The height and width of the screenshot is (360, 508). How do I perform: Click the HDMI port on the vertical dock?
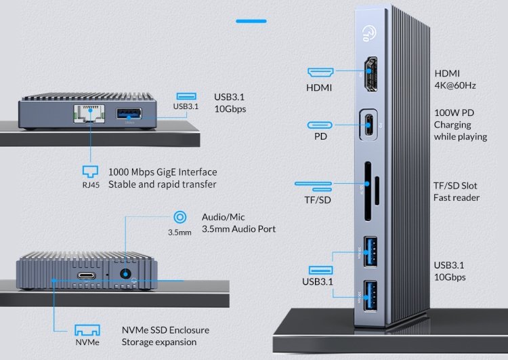[x=371, y=74]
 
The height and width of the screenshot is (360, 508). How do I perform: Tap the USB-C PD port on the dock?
[x=368, y=125]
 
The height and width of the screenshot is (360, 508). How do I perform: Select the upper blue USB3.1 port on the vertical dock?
[x=371, y=252]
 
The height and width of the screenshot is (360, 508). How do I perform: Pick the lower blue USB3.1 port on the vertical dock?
[x=371, y=296]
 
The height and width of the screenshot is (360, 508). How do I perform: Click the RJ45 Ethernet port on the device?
[x=89, y=113]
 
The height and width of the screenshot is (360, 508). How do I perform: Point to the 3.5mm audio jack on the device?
[x=125, y=274]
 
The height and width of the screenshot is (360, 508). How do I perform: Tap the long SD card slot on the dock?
[x=368, y=191]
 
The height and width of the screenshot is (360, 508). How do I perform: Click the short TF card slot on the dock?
[x=377, y=191]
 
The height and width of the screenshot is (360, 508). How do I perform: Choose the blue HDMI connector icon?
[x=320, y=73]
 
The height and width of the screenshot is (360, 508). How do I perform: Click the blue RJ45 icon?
[x=90, y=172]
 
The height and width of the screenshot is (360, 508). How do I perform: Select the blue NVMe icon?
[x=87, y=330]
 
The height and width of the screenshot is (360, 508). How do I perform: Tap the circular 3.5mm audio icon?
[x=179, y=217]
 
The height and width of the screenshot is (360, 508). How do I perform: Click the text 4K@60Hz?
[x=455, y=85]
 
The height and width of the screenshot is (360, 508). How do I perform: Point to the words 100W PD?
[x=454, y=113]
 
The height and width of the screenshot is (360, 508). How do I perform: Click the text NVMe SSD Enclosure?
[x=165, y=330]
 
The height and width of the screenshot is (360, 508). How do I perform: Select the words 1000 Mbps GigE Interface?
[x=163, y=172]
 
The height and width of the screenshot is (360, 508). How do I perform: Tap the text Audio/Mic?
[x=224, y=217]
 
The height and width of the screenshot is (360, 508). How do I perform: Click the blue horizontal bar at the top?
[x=251, y=22]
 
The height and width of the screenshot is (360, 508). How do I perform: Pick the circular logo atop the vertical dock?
[x=369, y=34]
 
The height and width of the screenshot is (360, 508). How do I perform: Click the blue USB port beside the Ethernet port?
[x=129, y=113]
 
